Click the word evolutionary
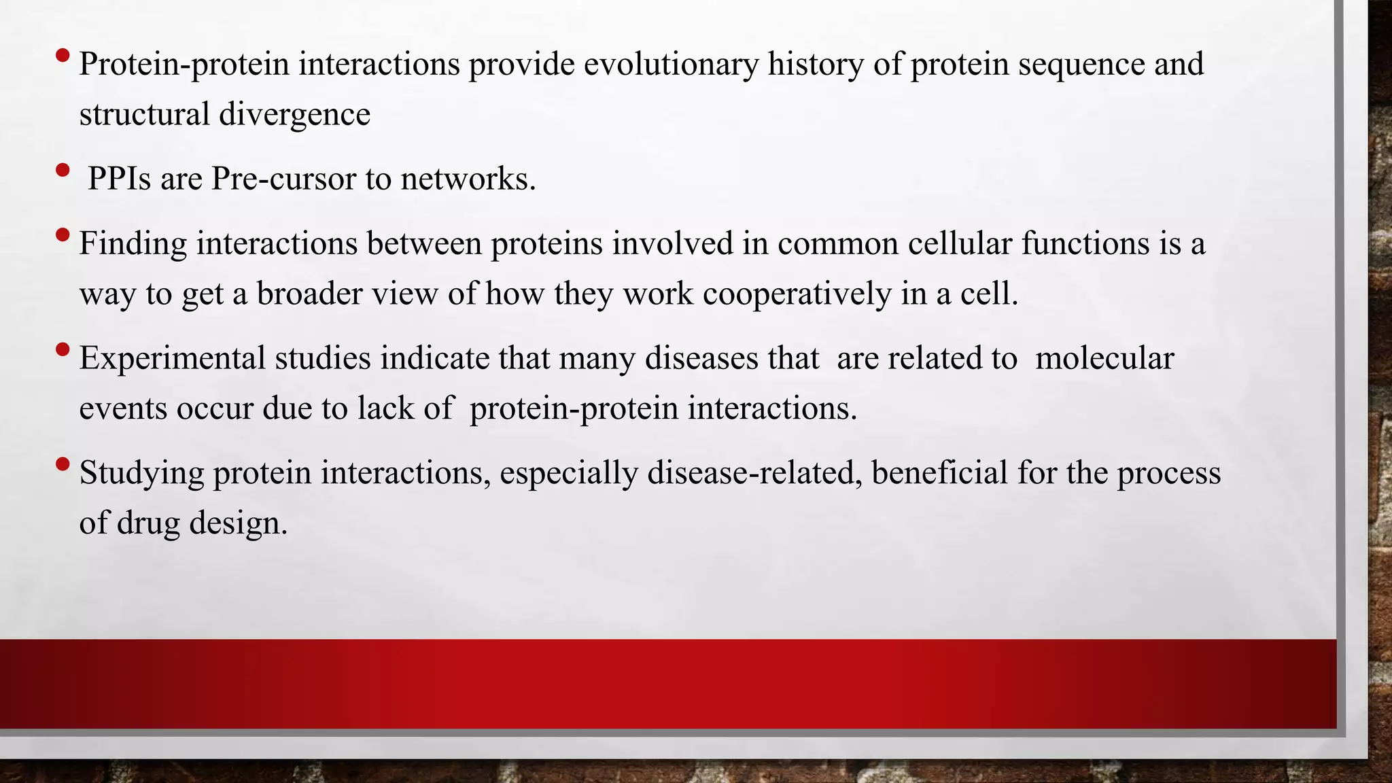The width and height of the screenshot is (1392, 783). [x=671, y=65]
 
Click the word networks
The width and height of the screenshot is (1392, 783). [x=468, y=179]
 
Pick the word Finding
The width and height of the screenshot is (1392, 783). [x=133, y=244]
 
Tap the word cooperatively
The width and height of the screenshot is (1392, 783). [x=797, y=294]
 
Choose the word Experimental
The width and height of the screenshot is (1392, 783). [x=172, y=359]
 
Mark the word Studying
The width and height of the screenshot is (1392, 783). [x=141, y=474]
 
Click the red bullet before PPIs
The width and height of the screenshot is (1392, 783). [x=63, y=170]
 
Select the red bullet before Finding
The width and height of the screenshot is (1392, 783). [x=63, y=235]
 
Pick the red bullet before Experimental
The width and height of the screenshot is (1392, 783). [x=63, y=350]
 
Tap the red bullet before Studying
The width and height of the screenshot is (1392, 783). [x=63, y=465]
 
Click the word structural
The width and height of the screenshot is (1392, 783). [x=144, y=114]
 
